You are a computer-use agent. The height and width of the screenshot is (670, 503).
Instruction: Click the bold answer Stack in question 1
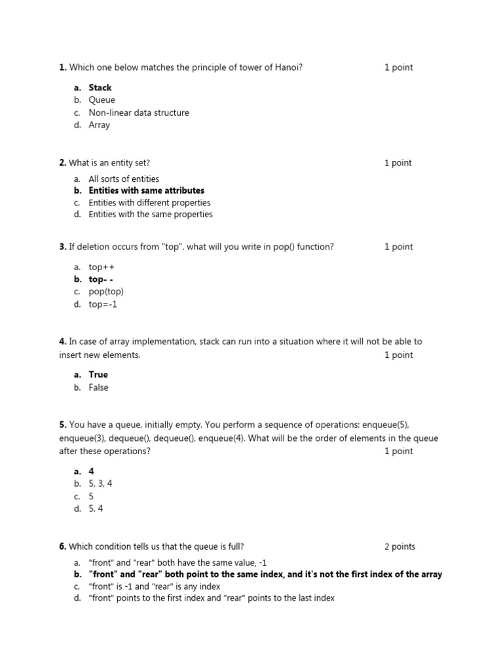tap(100, 88)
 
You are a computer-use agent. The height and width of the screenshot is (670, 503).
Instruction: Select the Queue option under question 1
tap(102, 100)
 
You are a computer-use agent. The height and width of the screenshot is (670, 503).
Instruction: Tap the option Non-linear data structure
tap(139, 113)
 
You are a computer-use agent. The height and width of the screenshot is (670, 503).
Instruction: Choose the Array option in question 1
tap(100, 125)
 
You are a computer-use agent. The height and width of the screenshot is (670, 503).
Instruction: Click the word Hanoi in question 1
tap(288, 67)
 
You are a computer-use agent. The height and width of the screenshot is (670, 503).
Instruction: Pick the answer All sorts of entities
tap(124, 179)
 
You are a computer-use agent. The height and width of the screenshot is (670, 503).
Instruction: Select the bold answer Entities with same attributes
tap(146, 190)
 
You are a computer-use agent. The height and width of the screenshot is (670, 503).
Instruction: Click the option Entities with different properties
tap(149, 203)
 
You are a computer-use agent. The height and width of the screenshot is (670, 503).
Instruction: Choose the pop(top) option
tap(106, 292)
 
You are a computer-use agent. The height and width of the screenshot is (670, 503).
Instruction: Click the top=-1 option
tap(103, 304)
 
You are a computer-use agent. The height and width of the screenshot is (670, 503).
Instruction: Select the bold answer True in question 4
tap(98, 375)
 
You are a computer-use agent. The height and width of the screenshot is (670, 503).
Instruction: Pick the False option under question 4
tap(99, 387)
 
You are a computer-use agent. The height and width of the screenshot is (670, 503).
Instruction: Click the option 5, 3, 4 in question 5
tap(101, 484)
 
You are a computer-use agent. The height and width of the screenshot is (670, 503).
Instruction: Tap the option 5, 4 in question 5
tap(96, 508)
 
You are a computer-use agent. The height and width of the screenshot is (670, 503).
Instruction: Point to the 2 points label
tap(400, 547)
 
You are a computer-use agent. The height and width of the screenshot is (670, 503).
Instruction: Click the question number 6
tap(62, 547)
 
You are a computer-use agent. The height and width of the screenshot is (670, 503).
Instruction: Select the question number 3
tap(62, 247)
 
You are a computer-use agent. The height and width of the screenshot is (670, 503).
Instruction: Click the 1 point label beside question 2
tap(398, 163)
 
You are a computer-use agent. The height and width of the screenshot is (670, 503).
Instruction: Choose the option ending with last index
tap(212, 598)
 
